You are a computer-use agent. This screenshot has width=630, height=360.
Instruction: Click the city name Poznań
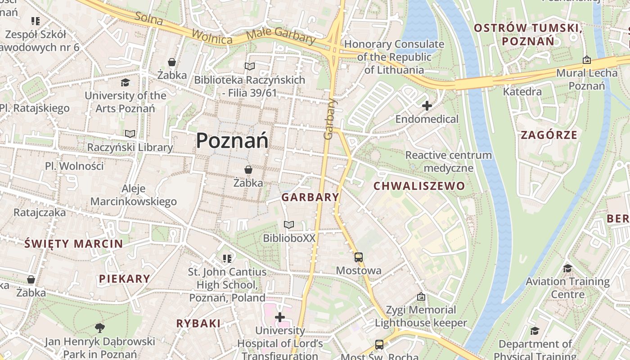coord(232,140)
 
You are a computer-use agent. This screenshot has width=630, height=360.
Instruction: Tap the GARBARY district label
coord(310,197)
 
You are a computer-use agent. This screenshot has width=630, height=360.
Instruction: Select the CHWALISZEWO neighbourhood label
coord(419,186)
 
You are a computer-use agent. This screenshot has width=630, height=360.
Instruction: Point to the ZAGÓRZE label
coord(549,135)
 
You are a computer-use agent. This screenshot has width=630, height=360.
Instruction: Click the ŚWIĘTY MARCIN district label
coord(73,244)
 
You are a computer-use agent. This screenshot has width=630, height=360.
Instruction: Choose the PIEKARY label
coord(124,279)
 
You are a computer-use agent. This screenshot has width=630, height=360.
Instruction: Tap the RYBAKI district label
coord(198,323)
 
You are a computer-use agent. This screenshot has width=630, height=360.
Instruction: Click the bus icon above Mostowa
coord(358,257)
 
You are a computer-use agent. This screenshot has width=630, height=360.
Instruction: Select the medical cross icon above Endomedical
coord(427,106)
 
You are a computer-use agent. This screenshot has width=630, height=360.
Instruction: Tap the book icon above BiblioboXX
coord(289,225)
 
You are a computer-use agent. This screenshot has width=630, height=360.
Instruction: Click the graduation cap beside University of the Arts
coord(125,83)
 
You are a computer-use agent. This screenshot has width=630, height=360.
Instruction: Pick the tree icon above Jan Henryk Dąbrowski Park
coord(99,328)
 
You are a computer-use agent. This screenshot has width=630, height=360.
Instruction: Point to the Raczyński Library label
coord(130,147)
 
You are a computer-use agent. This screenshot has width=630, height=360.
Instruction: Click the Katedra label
coord(522,92)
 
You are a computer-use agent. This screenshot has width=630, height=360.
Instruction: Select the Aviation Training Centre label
coord(567,288)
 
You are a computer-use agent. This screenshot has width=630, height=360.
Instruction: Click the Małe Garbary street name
coord(281,36)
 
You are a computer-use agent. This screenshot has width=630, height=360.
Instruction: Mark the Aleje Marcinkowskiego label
coord(134,195)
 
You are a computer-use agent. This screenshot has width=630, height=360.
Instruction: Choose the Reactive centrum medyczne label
coord(448,162)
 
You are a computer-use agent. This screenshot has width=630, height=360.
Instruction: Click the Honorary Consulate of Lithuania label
coord(394,57)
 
